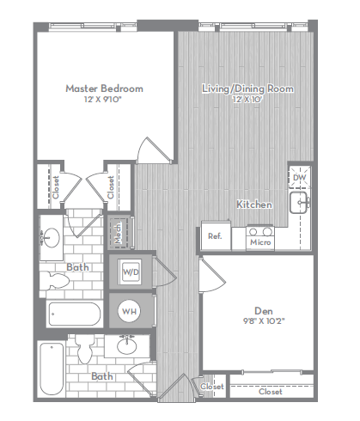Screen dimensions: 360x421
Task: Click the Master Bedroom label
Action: click(x=105, y=88)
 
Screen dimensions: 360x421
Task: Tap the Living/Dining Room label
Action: click(x=247, y=88)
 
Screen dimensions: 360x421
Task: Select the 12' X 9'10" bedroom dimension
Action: click(x=103, y=100)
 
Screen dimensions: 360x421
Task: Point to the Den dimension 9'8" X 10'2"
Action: click(x=264, y=320)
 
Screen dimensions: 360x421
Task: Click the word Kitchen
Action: click(x=254, y=204)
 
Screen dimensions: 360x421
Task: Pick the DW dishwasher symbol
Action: click(x=300, y=178)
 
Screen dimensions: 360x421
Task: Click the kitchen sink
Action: click(x=300, y=203)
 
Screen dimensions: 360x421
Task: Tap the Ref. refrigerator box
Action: click(x=216, y=236)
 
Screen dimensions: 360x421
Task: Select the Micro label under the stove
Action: click(x=260, y=242)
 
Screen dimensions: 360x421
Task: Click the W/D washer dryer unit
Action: click(x=131, y=272)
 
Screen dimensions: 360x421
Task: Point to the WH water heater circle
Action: click(x=129, y=311)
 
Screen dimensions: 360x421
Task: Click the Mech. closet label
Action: click(x=118, y=233)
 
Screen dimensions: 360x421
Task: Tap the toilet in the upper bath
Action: click(x=54, y=281)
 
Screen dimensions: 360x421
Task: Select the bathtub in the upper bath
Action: click(x=75, y=314)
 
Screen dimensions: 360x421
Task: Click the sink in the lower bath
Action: click(x=127, y=345)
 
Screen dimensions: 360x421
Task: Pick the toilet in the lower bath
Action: click(x=85, y=350)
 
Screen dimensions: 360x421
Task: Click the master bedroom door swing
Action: click(x=155, y=150)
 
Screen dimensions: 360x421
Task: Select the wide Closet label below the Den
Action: click(x=271, y=392)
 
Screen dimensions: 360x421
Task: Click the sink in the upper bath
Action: click(x=50, y=238)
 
